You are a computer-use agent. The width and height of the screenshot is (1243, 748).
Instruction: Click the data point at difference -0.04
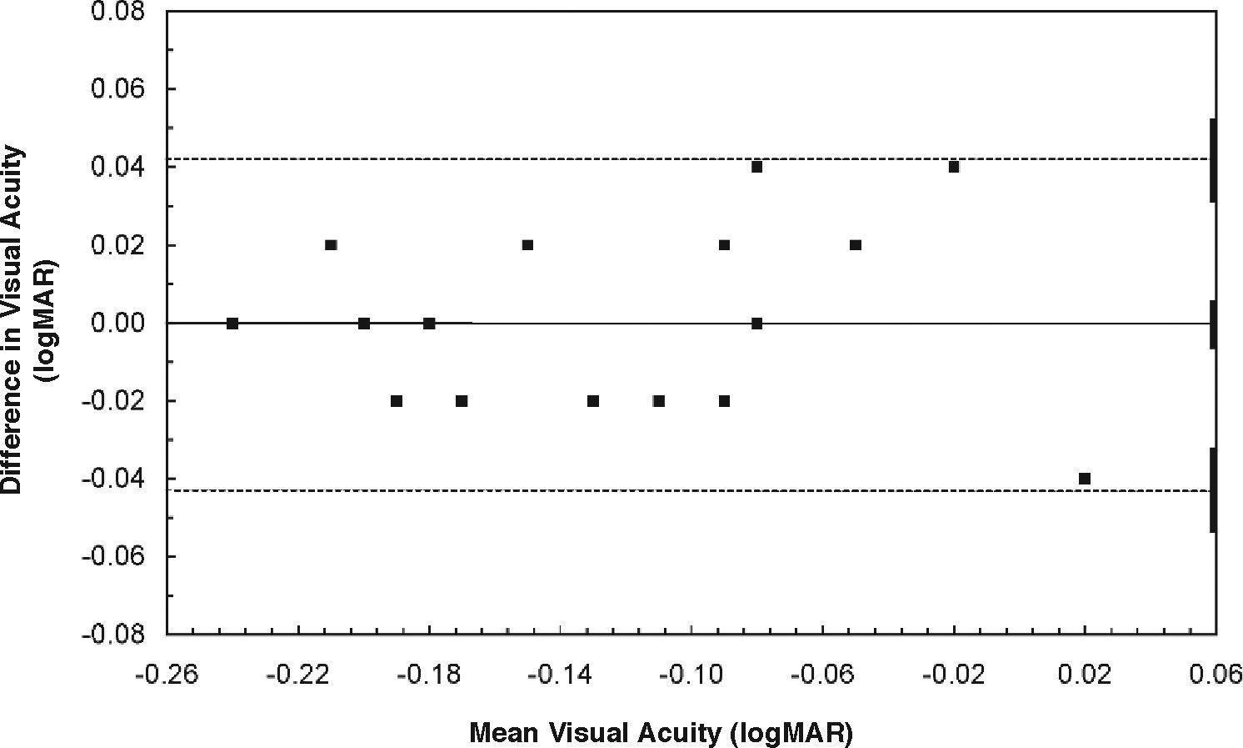[1084, 479]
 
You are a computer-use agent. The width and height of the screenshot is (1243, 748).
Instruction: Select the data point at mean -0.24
[232, 324]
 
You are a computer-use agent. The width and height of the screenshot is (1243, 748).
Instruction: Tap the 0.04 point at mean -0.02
[953, 167]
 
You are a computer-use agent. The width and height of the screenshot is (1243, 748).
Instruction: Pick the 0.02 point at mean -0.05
[855, 245]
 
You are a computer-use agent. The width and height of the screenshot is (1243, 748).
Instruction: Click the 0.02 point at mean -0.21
[331, 245]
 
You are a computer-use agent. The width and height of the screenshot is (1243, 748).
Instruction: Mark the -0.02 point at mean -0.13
[593, 401]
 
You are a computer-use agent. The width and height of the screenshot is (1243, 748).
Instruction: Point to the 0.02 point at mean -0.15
[527, 245]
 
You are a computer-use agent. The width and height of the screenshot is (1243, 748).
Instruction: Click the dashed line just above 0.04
[583, 158]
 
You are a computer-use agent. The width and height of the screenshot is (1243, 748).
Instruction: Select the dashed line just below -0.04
[583, 491]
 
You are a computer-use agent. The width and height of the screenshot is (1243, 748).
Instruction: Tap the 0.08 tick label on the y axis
[117, 12]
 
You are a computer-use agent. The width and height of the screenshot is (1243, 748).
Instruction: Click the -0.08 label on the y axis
[113, 634]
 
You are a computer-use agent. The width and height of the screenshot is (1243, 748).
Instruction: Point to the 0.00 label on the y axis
[117, 324]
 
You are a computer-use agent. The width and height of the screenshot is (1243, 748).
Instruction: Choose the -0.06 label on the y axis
[113, 556]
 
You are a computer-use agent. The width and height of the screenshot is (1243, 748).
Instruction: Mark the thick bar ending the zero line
[1213, 324]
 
